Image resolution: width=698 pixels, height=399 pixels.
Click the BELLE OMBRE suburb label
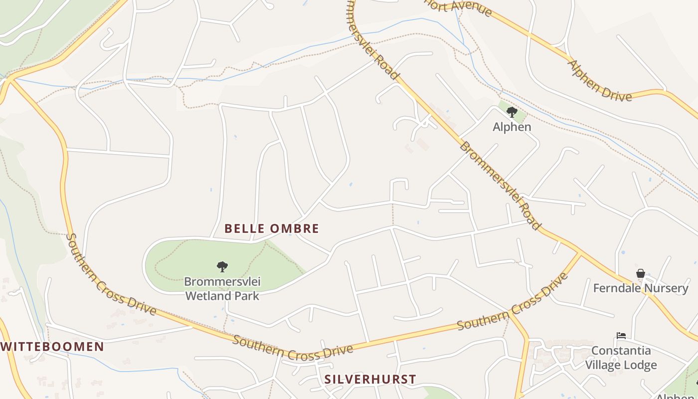pyautogui.click(x=271, y=228)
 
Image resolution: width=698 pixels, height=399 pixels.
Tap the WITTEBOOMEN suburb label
pyautogui.click(x=52, y=347)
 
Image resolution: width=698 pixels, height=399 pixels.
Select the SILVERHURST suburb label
pyautogui.click(x=370, y=379)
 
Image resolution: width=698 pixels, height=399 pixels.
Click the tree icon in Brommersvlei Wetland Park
pyautogui.click(x=222, y=267)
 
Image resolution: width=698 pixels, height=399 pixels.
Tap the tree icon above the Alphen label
pyautogui.click(x=512, y=112)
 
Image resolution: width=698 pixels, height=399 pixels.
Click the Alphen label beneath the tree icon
pyautogui.click(x=512, y=127)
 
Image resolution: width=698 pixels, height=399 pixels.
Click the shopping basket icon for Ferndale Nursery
pyautogui.click(x=641, y=273)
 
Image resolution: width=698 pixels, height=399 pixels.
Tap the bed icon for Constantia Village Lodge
pyautogui.click(x=621, y=336)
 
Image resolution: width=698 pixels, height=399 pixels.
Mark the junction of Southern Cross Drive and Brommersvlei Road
pyautogui.click(x=580, y=254)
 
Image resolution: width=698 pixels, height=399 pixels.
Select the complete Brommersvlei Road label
pyautogui.click(x=500, y=186)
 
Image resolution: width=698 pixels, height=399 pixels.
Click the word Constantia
pyautogui.click(x=621, y=351)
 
